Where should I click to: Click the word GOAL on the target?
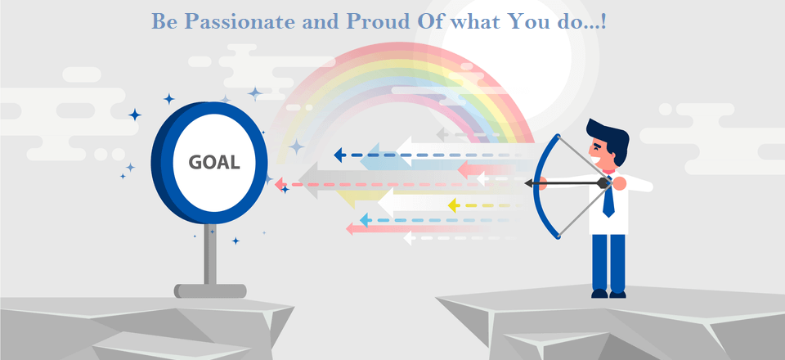(x=213, y=162)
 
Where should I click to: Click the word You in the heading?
(x=528, y=21)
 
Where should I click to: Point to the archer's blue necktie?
(x=608, y=197)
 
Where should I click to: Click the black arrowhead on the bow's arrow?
(x=529, y=184)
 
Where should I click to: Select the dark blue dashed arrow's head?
(x=339, y=155)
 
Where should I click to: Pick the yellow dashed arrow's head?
(x=454, y=205)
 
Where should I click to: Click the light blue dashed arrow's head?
(x=366, y=220)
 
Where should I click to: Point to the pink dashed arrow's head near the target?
(x=280, y=184)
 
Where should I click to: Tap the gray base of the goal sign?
(x=210, y=291)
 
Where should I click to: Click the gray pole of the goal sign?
(x=211, y=254)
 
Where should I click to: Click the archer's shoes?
(x=608, y=294)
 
